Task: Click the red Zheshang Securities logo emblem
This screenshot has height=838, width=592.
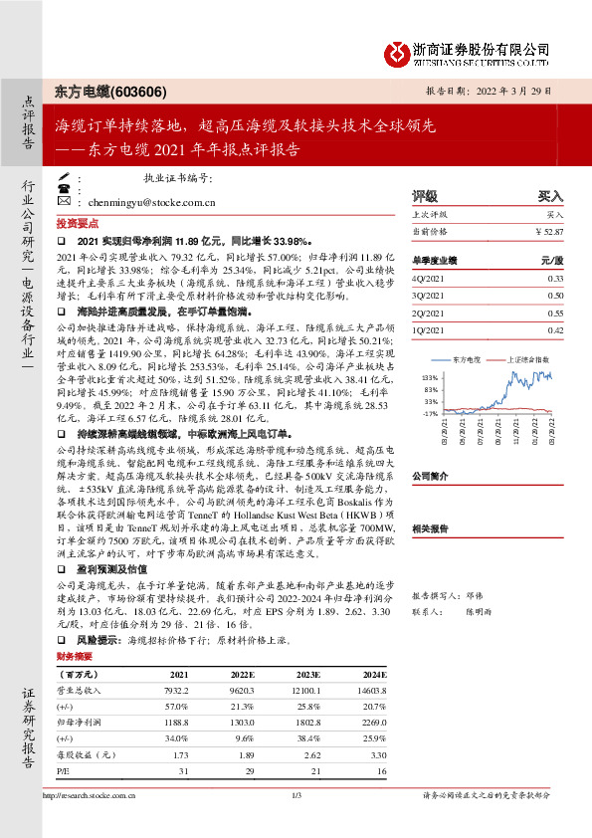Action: click(397, 53)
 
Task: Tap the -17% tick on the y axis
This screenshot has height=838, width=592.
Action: click(430, 412)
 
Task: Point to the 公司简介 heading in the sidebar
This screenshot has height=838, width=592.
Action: click(432, 476)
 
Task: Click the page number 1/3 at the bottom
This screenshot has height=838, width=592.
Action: click(296, 822)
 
